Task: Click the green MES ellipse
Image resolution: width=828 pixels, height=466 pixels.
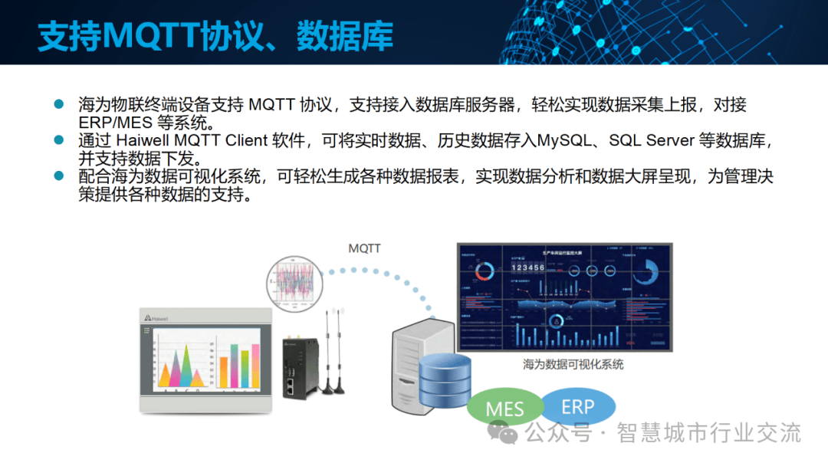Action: click(x=504, y=409)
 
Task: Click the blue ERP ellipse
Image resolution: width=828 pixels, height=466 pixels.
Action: click(x=577, y=405)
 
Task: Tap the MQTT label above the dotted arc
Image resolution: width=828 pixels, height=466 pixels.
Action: click(x=364, y=248)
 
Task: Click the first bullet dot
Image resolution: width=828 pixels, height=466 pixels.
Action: click(x=58, y=104)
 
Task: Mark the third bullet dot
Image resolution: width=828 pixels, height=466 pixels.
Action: click(x=58, y=176)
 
